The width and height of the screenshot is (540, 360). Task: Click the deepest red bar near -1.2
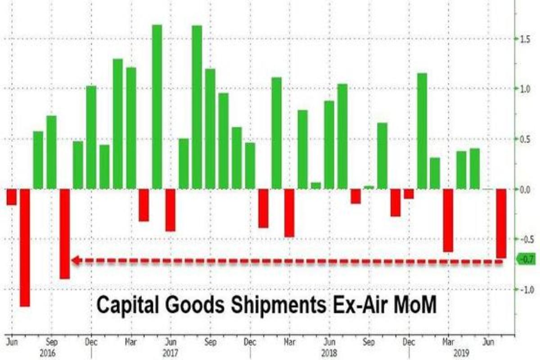tap(24, 247)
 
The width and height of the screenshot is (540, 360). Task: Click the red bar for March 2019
tap(448, 220)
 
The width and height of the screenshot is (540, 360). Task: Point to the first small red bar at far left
tap(11, 197)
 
